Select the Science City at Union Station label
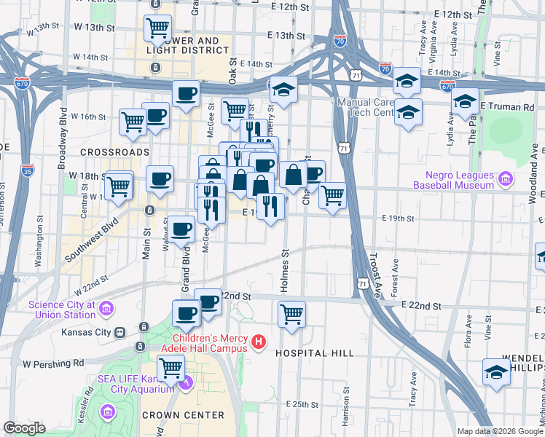(x=62, y=310)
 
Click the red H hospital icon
(x=257, y=342)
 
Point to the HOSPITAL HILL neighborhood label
(x=315, y=353)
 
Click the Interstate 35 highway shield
(x=28, y=171)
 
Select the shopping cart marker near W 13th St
(x=157, y=28)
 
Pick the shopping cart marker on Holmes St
(x=291, y=315)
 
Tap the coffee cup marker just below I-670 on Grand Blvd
(x=187, y=93)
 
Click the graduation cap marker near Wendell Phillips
(x=496, y=371)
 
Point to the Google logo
(x=25, y=428)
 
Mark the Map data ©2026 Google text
(x=499, y=431)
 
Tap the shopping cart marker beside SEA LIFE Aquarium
(x=170, y=369)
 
